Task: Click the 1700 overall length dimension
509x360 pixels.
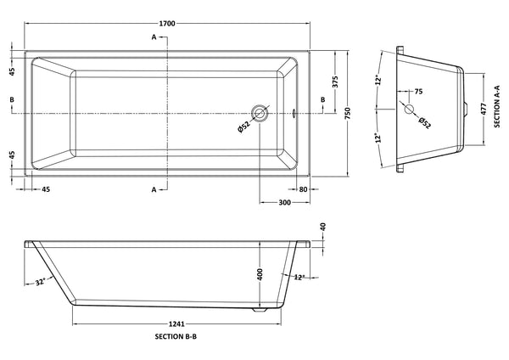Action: coord(167,23)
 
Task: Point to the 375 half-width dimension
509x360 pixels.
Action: coord(335,82)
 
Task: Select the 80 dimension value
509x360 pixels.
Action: coord(303,190)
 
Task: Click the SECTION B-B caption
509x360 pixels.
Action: coord(177,338)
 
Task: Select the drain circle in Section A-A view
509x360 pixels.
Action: coord(409,110)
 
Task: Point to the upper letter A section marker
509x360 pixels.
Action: coord(154,38)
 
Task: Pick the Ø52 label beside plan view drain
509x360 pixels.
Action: coord(243,127)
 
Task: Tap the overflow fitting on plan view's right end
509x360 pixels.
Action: coord(294,111)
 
